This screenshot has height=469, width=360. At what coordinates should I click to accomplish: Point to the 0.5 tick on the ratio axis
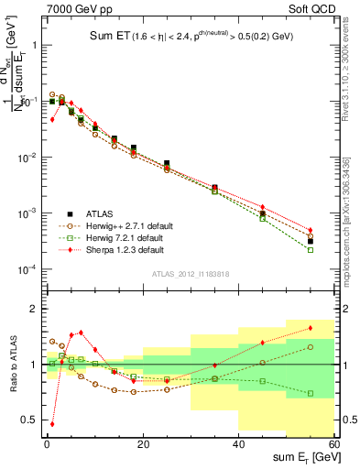click(27, 420)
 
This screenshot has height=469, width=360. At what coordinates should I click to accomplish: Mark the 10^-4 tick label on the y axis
click(26, 269)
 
